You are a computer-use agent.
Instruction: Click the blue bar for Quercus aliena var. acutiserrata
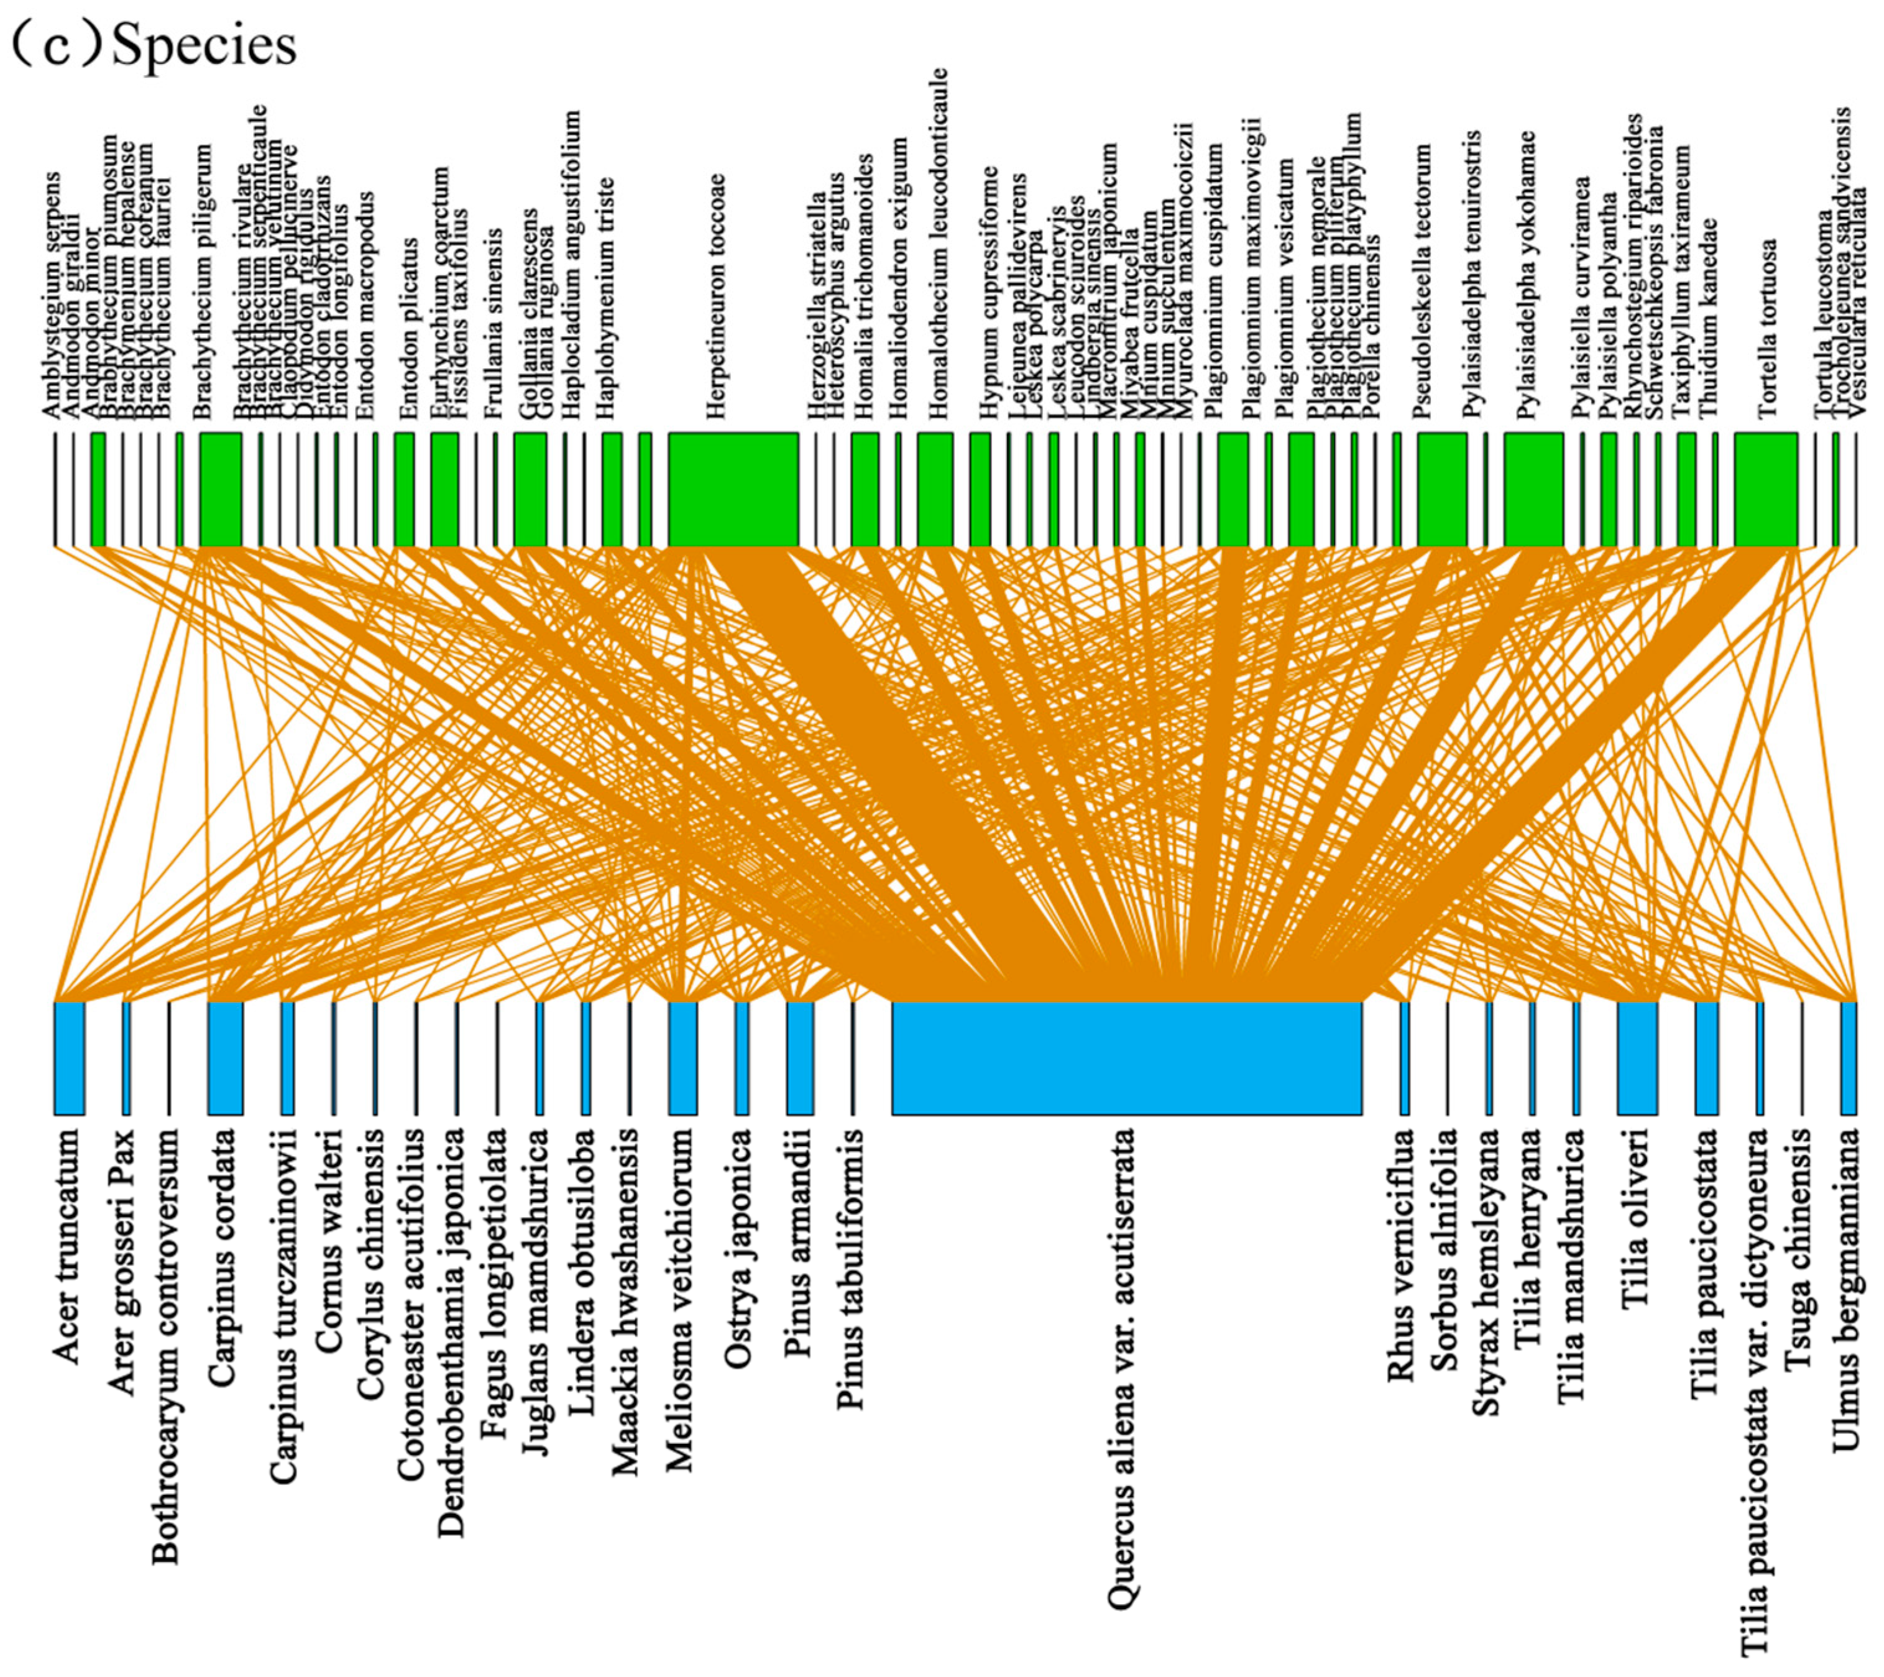coord(1126,1057)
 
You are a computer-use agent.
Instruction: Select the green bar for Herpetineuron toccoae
coord(733,489)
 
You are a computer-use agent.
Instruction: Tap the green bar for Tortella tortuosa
coord(1765,489)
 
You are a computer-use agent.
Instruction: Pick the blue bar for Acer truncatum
coord(69,1057)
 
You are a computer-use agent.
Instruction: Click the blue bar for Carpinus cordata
coord(226,1057)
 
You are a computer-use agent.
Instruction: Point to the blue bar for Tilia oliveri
coord(1637,1057)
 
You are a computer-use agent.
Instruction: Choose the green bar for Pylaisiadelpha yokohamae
coord(1533,489)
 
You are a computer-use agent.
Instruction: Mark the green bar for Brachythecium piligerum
coord(220,489)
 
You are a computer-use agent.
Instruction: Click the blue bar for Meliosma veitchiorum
coord(682,1057)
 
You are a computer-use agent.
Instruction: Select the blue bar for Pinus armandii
coord(799,1057)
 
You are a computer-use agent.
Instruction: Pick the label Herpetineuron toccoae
coord(716,297)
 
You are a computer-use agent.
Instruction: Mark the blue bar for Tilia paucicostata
coord(1706,1057)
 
